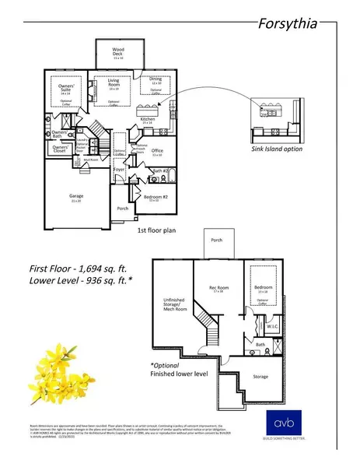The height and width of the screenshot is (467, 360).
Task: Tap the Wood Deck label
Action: [117, 53]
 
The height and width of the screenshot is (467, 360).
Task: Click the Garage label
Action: [76, 197]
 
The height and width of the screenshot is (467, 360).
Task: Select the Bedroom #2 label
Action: [152, 197]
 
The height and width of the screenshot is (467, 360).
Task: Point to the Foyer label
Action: [120, 168]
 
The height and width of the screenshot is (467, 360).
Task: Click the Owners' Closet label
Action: [61, 148]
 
